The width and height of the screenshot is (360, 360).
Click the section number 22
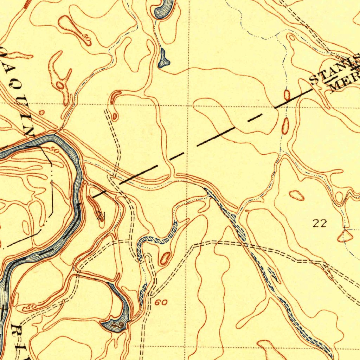click(320, 223)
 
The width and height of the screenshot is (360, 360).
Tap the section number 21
click(100, 216)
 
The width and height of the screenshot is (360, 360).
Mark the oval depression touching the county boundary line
click(287, 95)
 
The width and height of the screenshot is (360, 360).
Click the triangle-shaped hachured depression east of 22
click(345, 236)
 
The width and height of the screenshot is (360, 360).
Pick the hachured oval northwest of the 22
click(297, 195)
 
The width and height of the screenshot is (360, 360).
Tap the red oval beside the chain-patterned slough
click(164, 258)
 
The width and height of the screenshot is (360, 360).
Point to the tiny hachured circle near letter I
click(42, 112)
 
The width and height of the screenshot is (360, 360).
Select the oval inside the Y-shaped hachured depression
click(60, 85)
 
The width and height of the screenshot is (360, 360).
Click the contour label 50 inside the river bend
click(53, 150)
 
